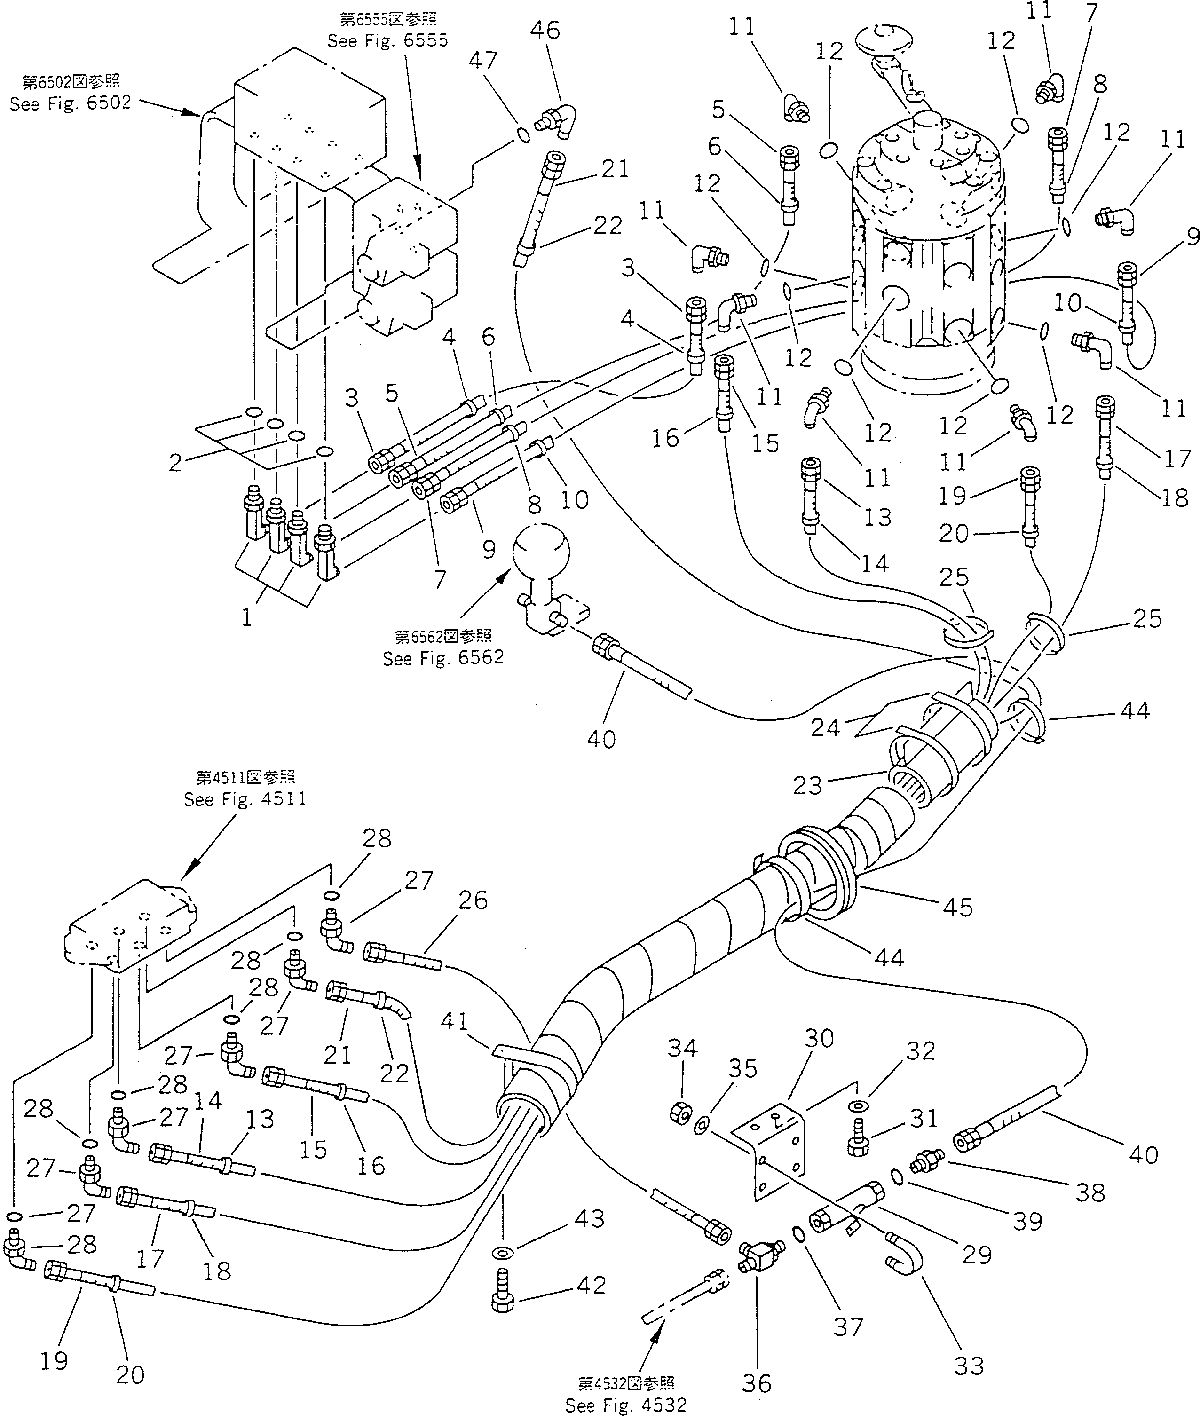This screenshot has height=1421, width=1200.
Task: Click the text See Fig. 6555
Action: click(388, 41)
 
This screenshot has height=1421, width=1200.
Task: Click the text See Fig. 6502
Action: click(70, 103)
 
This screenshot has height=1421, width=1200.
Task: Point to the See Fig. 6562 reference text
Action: click(443, 658)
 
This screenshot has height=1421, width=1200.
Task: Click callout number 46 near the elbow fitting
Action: click(545, 31)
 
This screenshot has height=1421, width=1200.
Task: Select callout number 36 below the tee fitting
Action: click(757, 1383)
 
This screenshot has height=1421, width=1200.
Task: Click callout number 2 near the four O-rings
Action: click(175, 463)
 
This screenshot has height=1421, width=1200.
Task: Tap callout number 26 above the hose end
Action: click(473, 900)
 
